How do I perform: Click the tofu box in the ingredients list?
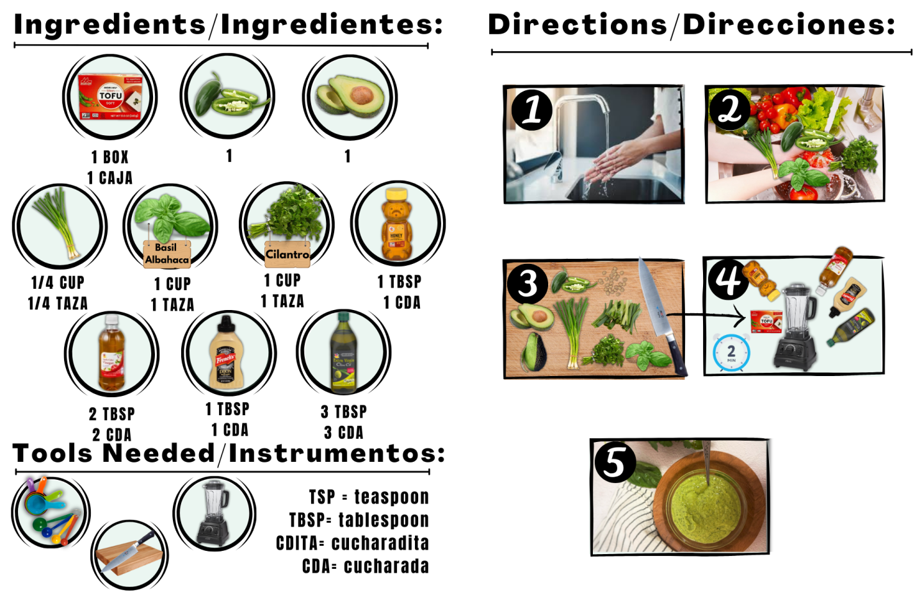tap(110, 97)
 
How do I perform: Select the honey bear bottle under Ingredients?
tap(396, 224)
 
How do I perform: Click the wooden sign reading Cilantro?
tap(287, 254)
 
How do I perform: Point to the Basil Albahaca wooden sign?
tap(166, 254)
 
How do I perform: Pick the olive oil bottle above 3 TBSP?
tap(344, 352)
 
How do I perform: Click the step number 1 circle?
tap(532, 110)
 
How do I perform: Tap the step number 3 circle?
tap(528, 283)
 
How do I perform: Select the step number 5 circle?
tap(615, 462)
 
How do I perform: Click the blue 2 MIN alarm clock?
tap(731, 353)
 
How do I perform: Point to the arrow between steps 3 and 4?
tap(706, 316)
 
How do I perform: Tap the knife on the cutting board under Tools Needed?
tap(127, 552)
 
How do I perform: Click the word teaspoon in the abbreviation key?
tap(391, 497)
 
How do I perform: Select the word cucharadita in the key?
tap(380, 543)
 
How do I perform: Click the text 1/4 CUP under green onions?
tap(58, 283)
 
